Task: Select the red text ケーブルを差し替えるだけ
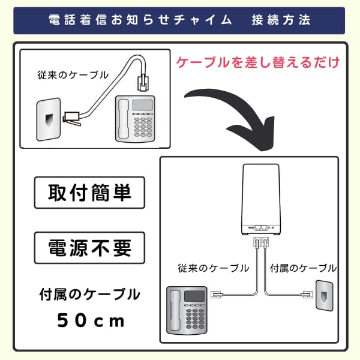pos(258,62)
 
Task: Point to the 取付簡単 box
pos(89,193)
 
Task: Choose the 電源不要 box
pos(89,247)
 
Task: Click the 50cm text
pos(91,320)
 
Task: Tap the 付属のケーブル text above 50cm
pos(89,295)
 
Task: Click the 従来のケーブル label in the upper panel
pos(73,76)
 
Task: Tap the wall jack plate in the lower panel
pos(325,295)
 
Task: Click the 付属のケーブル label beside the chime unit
pos(304,268)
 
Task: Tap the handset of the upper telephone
pos(123,119)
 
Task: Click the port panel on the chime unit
pos(262,229)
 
